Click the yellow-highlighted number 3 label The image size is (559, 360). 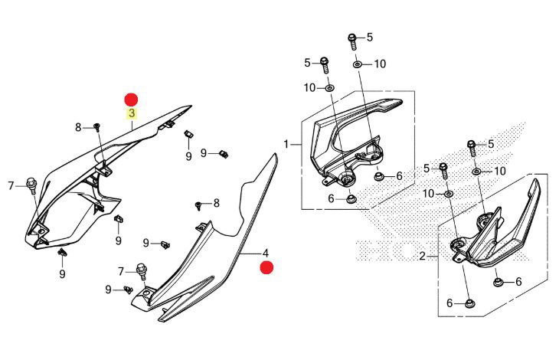tap(132, 113)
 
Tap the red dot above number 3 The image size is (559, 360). tap(132, 99)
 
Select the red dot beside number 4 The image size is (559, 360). tap(266, 267)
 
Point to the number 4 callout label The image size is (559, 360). tap(266, 253)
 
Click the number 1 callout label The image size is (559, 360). tap(286, 144)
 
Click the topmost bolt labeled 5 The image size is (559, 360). tap(352, 38)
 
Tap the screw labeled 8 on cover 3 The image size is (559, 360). tap(98, 126)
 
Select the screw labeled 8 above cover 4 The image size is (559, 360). tap(199, 205)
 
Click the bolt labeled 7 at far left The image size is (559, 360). tap(31, 185)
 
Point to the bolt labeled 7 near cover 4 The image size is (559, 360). tap(141, 270)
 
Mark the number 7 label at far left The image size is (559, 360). tap(11, 185)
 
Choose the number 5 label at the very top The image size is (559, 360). tap(369, 37)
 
